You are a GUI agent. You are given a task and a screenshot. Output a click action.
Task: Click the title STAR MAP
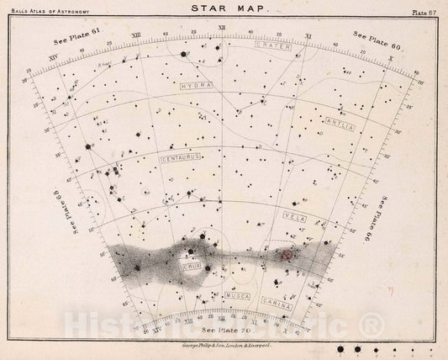(x=223, y=10)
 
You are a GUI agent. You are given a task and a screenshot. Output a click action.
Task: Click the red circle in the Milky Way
(x=287, y=253)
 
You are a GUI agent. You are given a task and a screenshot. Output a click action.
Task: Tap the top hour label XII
(x=221, y=28)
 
